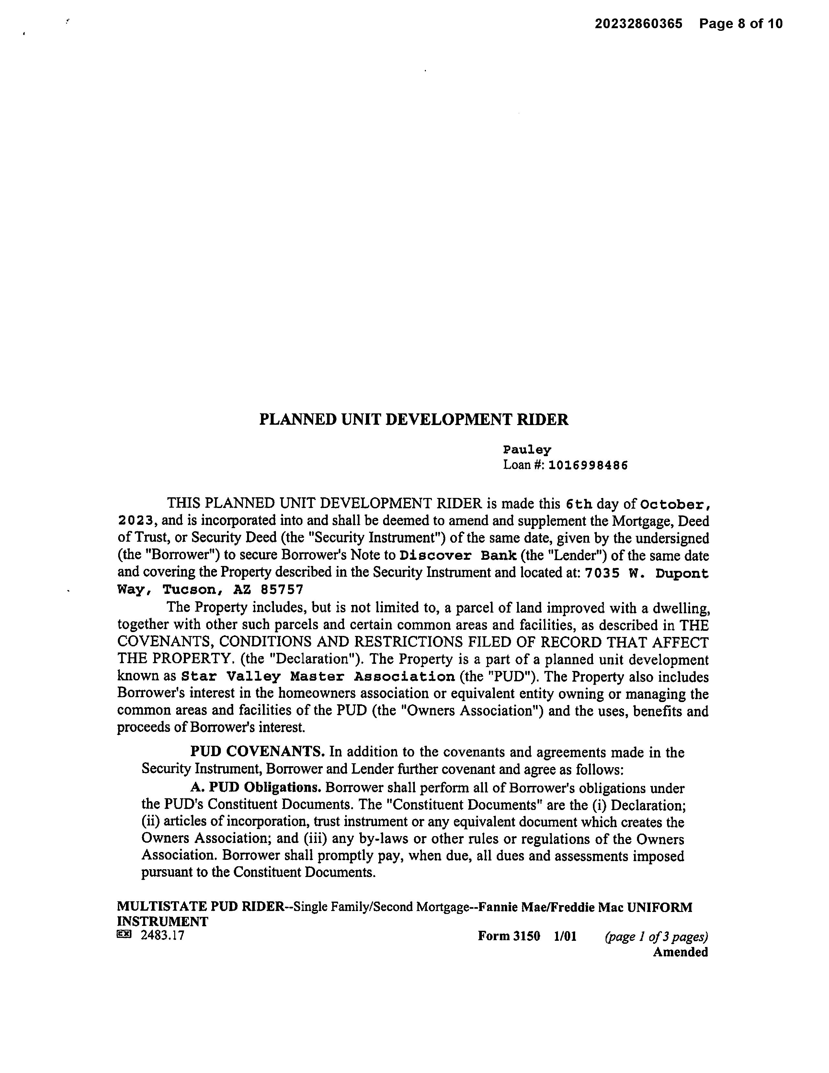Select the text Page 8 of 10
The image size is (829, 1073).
pos(741,24)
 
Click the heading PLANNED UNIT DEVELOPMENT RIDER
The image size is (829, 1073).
pos(414,420)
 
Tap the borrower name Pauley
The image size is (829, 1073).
pos(527,450)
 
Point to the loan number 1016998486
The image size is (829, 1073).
pos(588,465)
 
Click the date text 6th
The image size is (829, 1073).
pos(579,504)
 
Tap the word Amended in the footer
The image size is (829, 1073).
pos(680,952)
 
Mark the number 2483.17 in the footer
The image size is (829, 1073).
pos(163,935)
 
